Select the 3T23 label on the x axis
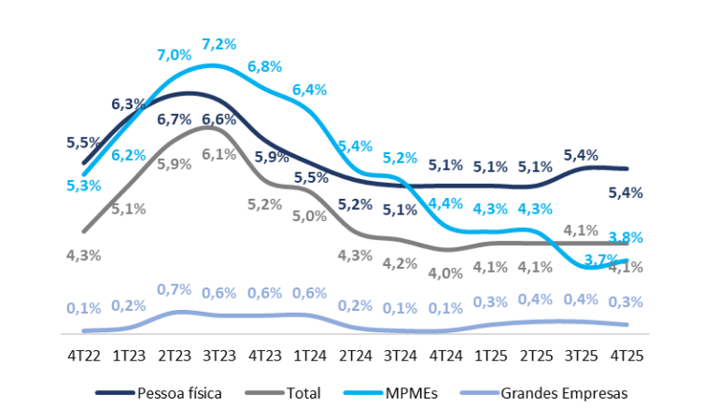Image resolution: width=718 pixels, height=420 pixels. (x=218, y=356)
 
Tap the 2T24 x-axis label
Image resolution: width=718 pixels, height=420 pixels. (x=356, y=356)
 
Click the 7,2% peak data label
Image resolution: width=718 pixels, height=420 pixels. (x=219, y=44)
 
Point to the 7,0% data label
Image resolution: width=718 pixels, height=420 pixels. (x=174, y=54)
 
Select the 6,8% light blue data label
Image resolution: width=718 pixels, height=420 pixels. (x=265, y=66)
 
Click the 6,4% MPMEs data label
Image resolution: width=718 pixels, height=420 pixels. (x=309, y=90)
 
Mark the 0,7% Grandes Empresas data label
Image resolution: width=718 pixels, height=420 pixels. (x=174, y=290)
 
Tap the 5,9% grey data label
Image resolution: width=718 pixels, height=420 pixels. (x=174, y=163)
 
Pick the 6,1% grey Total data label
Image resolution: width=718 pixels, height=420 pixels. (x=218, y=154)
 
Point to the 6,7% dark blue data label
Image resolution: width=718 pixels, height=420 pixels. (x=174, y=119)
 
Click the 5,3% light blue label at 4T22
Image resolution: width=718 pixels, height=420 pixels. (x=84, y=186)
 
